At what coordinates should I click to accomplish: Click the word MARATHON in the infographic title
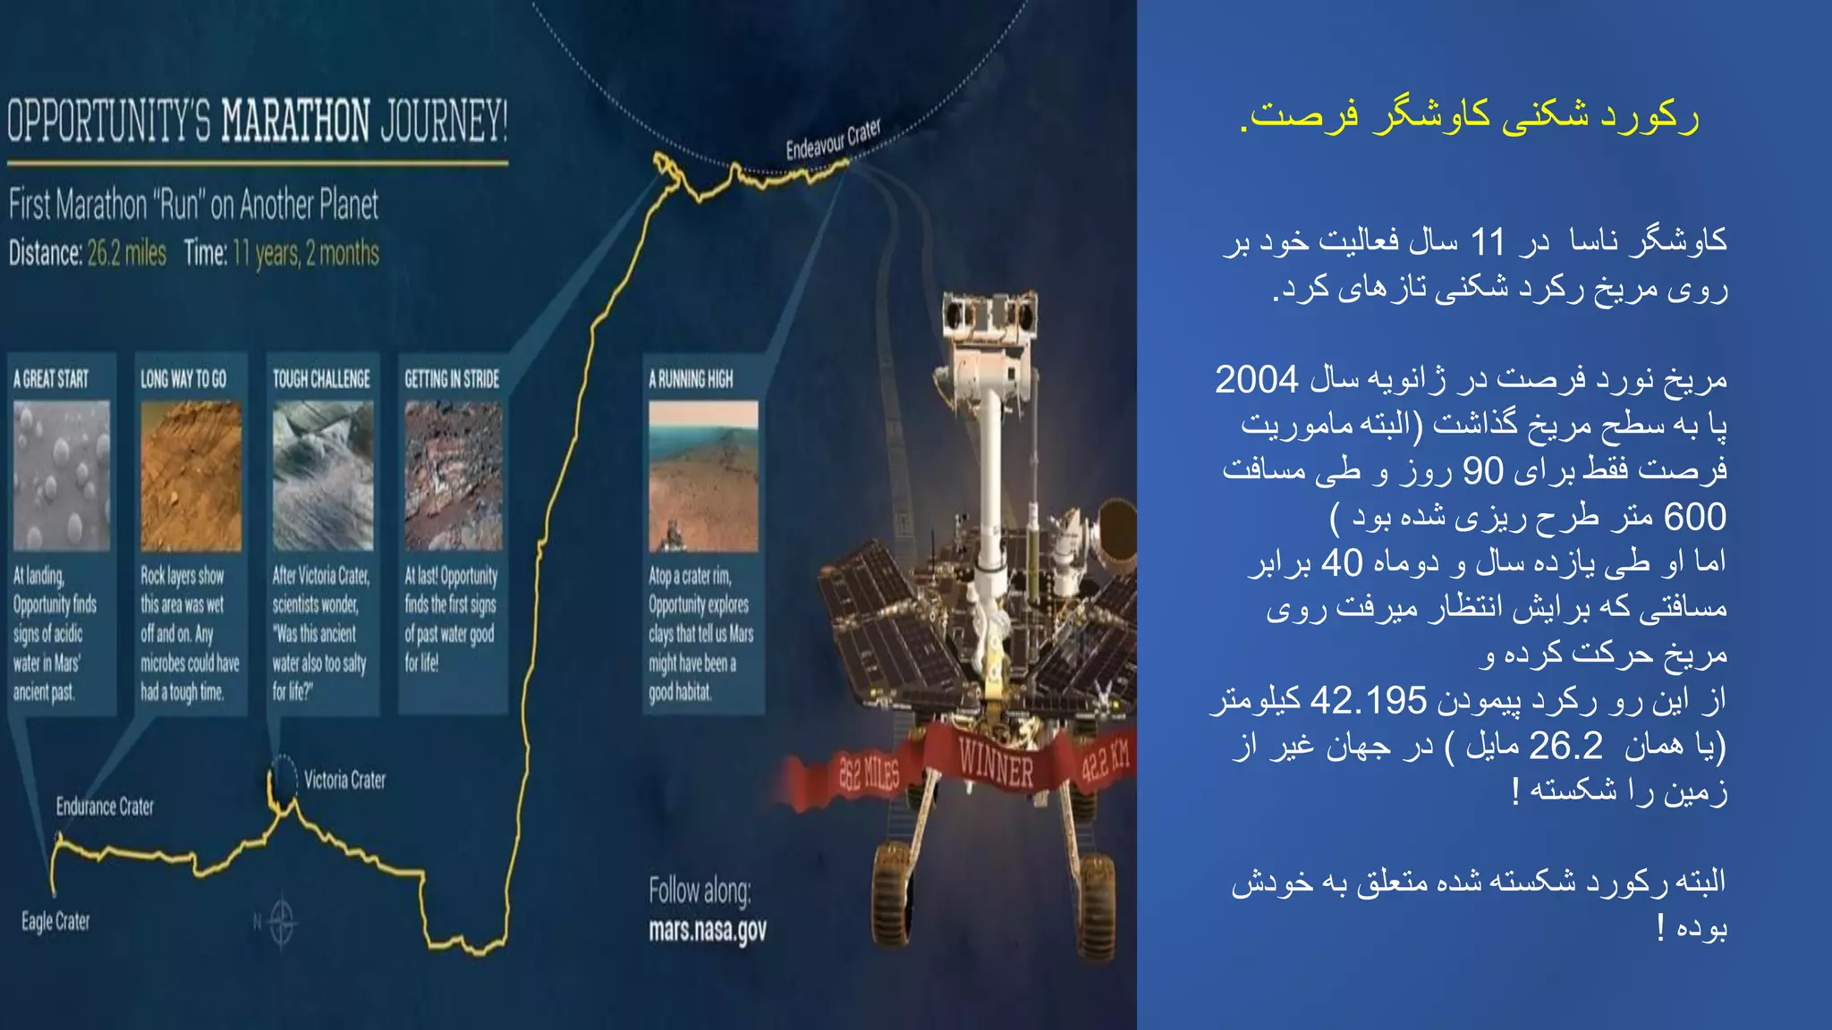coord(295,122)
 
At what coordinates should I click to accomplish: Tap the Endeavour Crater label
coord(833,139)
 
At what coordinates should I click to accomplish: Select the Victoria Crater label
coord(344,781)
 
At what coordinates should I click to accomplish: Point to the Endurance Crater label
coord(105,807)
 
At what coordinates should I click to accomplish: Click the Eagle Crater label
coord(55,922)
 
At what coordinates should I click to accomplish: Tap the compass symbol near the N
coord(282,921)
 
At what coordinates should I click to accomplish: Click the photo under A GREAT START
coord(62,475)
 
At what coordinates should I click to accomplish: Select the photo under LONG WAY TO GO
coord(191,475)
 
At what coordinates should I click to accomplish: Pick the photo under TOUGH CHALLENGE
coord(323,475)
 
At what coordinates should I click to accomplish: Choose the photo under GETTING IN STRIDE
coord(453,475)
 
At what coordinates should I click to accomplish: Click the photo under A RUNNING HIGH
coord(703,476)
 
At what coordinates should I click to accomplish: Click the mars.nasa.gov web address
coord(708,931)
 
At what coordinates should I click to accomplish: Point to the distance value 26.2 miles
coord(127,254)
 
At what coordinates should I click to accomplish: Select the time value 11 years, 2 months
coord(305,254)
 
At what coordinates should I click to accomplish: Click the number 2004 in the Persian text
coord(1256,380)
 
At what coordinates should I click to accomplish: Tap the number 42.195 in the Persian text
coord(1368,701)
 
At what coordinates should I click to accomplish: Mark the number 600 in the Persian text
coord(1694,517)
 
